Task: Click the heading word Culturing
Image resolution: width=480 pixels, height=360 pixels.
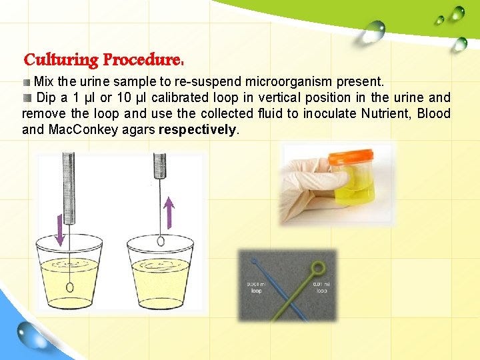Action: coord(61,60)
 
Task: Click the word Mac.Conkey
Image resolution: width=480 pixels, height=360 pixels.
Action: coord(75,129)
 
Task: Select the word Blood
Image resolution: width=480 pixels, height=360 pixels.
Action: coord(433,113)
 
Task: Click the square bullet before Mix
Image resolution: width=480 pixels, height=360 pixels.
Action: coord(27,82)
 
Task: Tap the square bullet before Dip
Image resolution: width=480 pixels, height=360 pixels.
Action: coord(27,98)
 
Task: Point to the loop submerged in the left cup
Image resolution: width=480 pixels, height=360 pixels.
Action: coord(70,287)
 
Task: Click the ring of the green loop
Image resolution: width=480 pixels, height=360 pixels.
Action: coord(319,268)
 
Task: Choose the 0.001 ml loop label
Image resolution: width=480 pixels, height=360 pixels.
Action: coord(256,287)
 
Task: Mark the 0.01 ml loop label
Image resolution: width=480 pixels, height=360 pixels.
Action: coord(322,287)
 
